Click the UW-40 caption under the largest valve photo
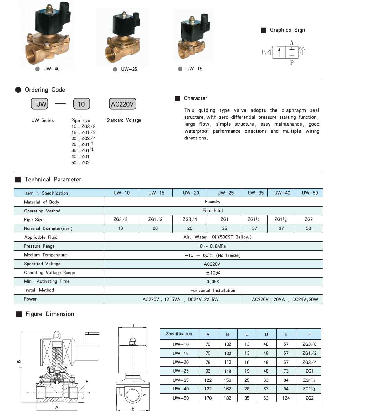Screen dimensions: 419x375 pos(51,69)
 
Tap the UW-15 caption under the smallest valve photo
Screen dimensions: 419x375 pos(194,69)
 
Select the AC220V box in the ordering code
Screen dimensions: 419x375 pos(122,104)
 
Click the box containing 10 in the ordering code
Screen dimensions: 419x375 pos(81,104)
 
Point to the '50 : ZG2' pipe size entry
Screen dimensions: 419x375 pos(80,163)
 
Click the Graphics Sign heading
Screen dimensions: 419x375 pos(287,30)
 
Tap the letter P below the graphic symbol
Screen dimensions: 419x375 pos(292,63)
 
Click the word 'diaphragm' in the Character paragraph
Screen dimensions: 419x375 pos(293,110)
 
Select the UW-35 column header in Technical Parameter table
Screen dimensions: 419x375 pos(255,193)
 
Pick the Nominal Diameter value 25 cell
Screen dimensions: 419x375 pos(224,228)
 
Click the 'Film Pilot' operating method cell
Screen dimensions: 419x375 pos(213,211)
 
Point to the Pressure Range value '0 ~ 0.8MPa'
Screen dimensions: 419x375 pos(213,246)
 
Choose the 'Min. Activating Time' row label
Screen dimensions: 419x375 pos(47,281)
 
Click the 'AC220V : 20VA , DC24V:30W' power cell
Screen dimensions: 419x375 pos(285,300)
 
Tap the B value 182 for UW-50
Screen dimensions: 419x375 pos(228,398)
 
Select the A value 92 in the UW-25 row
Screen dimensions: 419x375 pos(208,371)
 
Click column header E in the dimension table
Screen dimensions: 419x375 pos(286,334)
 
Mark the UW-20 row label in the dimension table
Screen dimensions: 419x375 pos(181,362)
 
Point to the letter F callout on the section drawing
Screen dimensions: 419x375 pos(87,382)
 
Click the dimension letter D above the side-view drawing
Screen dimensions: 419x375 pos(132,326)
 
